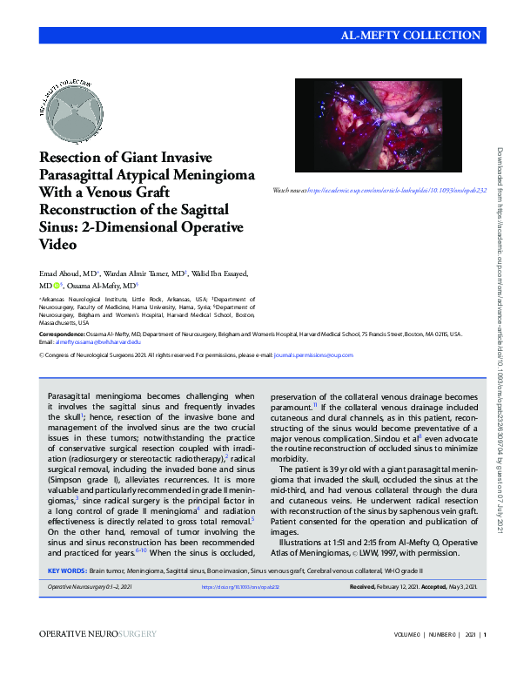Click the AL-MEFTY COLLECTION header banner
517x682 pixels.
tap(412, 36)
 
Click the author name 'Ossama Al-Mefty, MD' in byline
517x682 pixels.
tap(104, 286)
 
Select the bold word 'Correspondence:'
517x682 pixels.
tap(63, 334)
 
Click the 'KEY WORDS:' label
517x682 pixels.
tap(66, 571)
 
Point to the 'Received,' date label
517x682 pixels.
tap(362, 588)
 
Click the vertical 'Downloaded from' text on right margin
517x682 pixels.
tap(502, 261)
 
